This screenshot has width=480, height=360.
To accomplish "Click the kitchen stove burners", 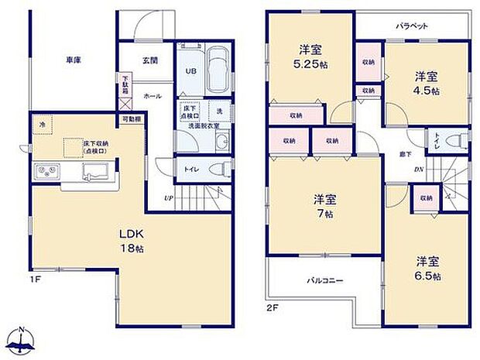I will coord(43,170).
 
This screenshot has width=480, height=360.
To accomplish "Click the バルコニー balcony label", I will coord(324,280).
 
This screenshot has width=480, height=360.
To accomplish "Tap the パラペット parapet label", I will coord(412,26).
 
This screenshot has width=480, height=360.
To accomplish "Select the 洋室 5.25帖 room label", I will coord(307,57).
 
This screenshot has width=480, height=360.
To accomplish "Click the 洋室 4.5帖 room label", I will coord(426,83).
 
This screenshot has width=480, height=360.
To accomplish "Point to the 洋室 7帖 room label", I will coord(324,204).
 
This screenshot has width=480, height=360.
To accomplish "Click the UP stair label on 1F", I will coord(167,199).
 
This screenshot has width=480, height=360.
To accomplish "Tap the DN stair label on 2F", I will coord(419,170).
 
